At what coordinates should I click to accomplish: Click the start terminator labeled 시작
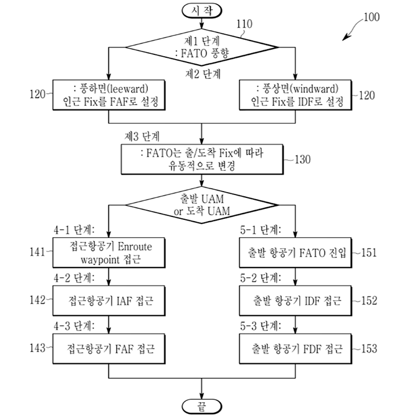click(201, 10)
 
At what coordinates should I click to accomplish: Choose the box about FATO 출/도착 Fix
click(201, 158)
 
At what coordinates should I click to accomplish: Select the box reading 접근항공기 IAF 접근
click(109, 301)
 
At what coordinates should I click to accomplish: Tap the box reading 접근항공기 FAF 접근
click(109, 349)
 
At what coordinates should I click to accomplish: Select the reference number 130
click(300, 158)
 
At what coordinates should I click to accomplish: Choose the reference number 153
click(367, 349)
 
